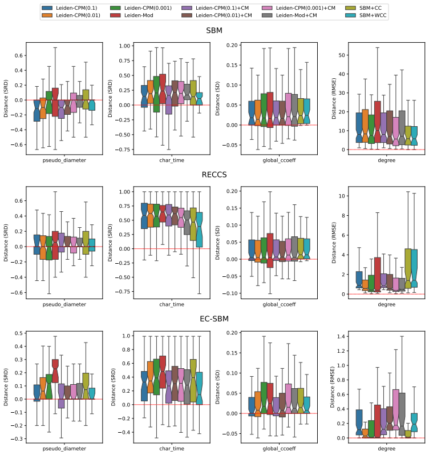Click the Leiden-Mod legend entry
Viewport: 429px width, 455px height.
click(x=131, y=15)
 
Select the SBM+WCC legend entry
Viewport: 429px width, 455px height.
click(x=366, y=15)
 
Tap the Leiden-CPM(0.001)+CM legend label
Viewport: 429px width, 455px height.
click(x=305, y=8)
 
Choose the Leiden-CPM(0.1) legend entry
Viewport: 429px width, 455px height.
click(x=70, y=8)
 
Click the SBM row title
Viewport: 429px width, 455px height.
click(x=214, y=30)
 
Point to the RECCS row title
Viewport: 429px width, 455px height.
click(x=214, y=175)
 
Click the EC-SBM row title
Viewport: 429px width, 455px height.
click(x=214, y=319)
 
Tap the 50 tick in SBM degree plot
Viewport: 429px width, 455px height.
click(x=342, y=55)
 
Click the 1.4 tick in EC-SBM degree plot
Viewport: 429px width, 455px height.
click(x=341, y=337)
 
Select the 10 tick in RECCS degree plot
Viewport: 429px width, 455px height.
click(x=342, y=196)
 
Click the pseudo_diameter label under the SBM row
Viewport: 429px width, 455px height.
click(x=64, y=160)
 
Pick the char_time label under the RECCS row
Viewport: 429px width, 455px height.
click(x=172, y=304)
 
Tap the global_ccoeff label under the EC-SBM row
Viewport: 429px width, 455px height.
click(x=279, y=449)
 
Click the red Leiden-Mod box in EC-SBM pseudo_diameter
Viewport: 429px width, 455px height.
click(x=55, y=371)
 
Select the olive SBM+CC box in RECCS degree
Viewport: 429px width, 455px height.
click(x=408, y=268)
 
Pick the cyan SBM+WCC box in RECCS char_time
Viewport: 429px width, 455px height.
click(x=199, y=230)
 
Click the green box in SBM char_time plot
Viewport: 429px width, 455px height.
click(x=156, y=94)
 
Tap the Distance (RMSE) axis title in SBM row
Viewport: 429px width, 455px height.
click(x=334, y=98)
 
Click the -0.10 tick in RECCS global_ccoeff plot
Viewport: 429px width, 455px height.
click(x=230, y=293)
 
